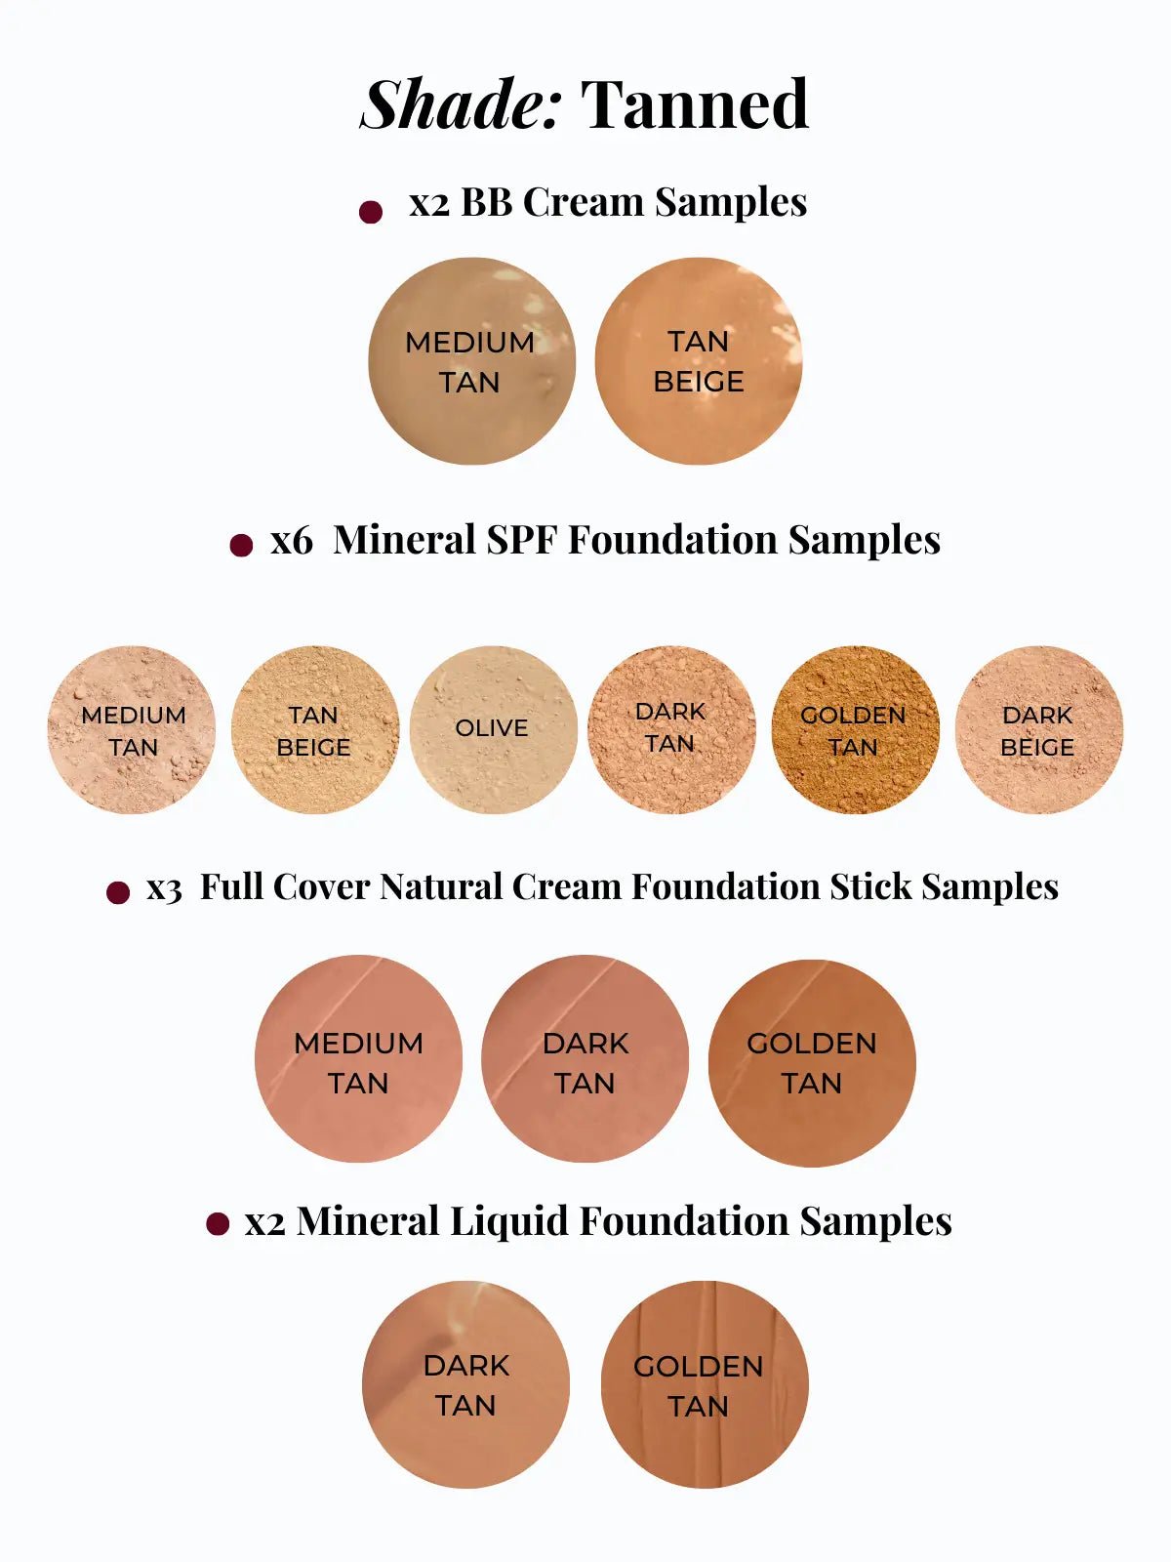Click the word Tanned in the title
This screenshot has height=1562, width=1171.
[x=694, y=104]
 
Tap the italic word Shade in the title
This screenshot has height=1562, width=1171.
[x=461, y=104]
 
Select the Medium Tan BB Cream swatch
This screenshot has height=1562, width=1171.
[x=471, y=361]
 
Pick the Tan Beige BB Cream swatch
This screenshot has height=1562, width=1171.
[x=699, y=361]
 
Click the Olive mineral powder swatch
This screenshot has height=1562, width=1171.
[x=493, y=729]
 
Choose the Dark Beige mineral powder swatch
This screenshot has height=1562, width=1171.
[x=1038, y=729]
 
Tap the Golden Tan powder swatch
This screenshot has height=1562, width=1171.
[x=855, y=729]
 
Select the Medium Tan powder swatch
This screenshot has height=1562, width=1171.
[x=132, y=729]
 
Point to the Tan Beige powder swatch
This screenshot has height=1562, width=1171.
[x=314, y=729]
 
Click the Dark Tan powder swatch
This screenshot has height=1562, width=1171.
[x=671, y=729]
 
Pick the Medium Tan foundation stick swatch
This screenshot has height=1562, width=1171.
[x=358, y=1059]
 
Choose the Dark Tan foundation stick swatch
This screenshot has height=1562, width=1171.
[x=585, y=1059]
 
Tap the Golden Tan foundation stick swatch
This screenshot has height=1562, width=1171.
[x=812, y=1062]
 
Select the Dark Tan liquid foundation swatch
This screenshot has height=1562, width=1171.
[x=465, y=1384]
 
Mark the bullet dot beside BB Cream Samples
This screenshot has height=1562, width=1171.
[x=371, y=212]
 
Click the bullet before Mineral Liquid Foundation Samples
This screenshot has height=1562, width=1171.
[x=218, y=1223]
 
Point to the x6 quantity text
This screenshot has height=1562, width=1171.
[x=291, y=541]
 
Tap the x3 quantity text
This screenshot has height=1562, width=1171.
[x=164, y=888]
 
